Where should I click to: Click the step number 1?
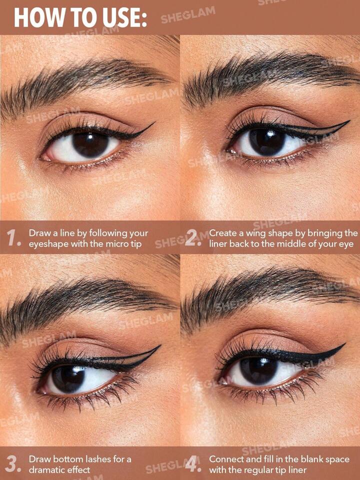point(14,238)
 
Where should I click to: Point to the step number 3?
point(14,464)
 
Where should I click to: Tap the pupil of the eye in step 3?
point(69,379)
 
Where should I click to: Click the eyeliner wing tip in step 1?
point(154,123)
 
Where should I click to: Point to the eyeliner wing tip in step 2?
point(349,121)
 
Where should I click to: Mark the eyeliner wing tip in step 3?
point(160,346)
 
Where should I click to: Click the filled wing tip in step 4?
point(345,344)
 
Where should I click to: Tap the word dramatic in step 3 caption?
point(46,470)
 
